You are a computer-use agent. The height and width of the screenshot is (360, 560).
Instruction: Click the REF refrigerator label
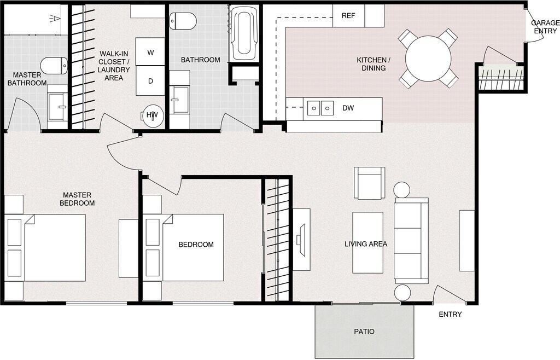[348, 16]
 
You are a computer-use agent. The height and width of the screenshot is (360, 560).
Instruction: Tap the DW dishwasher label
[348, 108]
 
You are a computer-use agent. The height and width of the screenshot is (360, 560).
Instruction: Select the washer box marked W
[150, 52]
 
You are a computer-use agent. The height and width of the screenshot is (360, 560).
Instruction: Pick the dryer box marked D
[150, 80]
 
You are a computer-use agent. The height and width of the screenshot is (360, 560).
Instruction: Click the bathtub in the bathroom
[243, 34]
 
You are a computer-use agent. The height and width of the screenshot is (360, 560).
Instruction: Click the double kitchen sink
[320, 107]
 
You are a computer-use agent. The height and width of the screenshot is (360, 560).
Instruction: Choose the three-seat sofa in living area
[411, 241]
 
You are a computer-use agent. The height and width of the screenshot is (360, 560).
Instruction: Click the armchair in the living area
[370, 183]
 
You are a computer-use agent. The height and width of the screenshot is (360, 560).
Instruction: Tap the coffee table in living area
[367, 242]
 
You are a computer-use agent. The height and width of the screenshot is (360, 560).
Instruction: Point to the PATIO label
[364, 332]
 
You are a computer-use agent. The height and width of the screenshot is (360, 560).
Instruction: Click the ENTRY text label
[450, 315]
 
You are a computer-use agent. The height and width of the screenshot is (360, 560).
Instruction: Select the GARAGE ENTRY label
[545, 27]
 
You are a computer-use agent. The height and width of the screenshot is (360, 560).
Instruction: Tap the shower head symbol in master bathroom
[55, 19]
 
